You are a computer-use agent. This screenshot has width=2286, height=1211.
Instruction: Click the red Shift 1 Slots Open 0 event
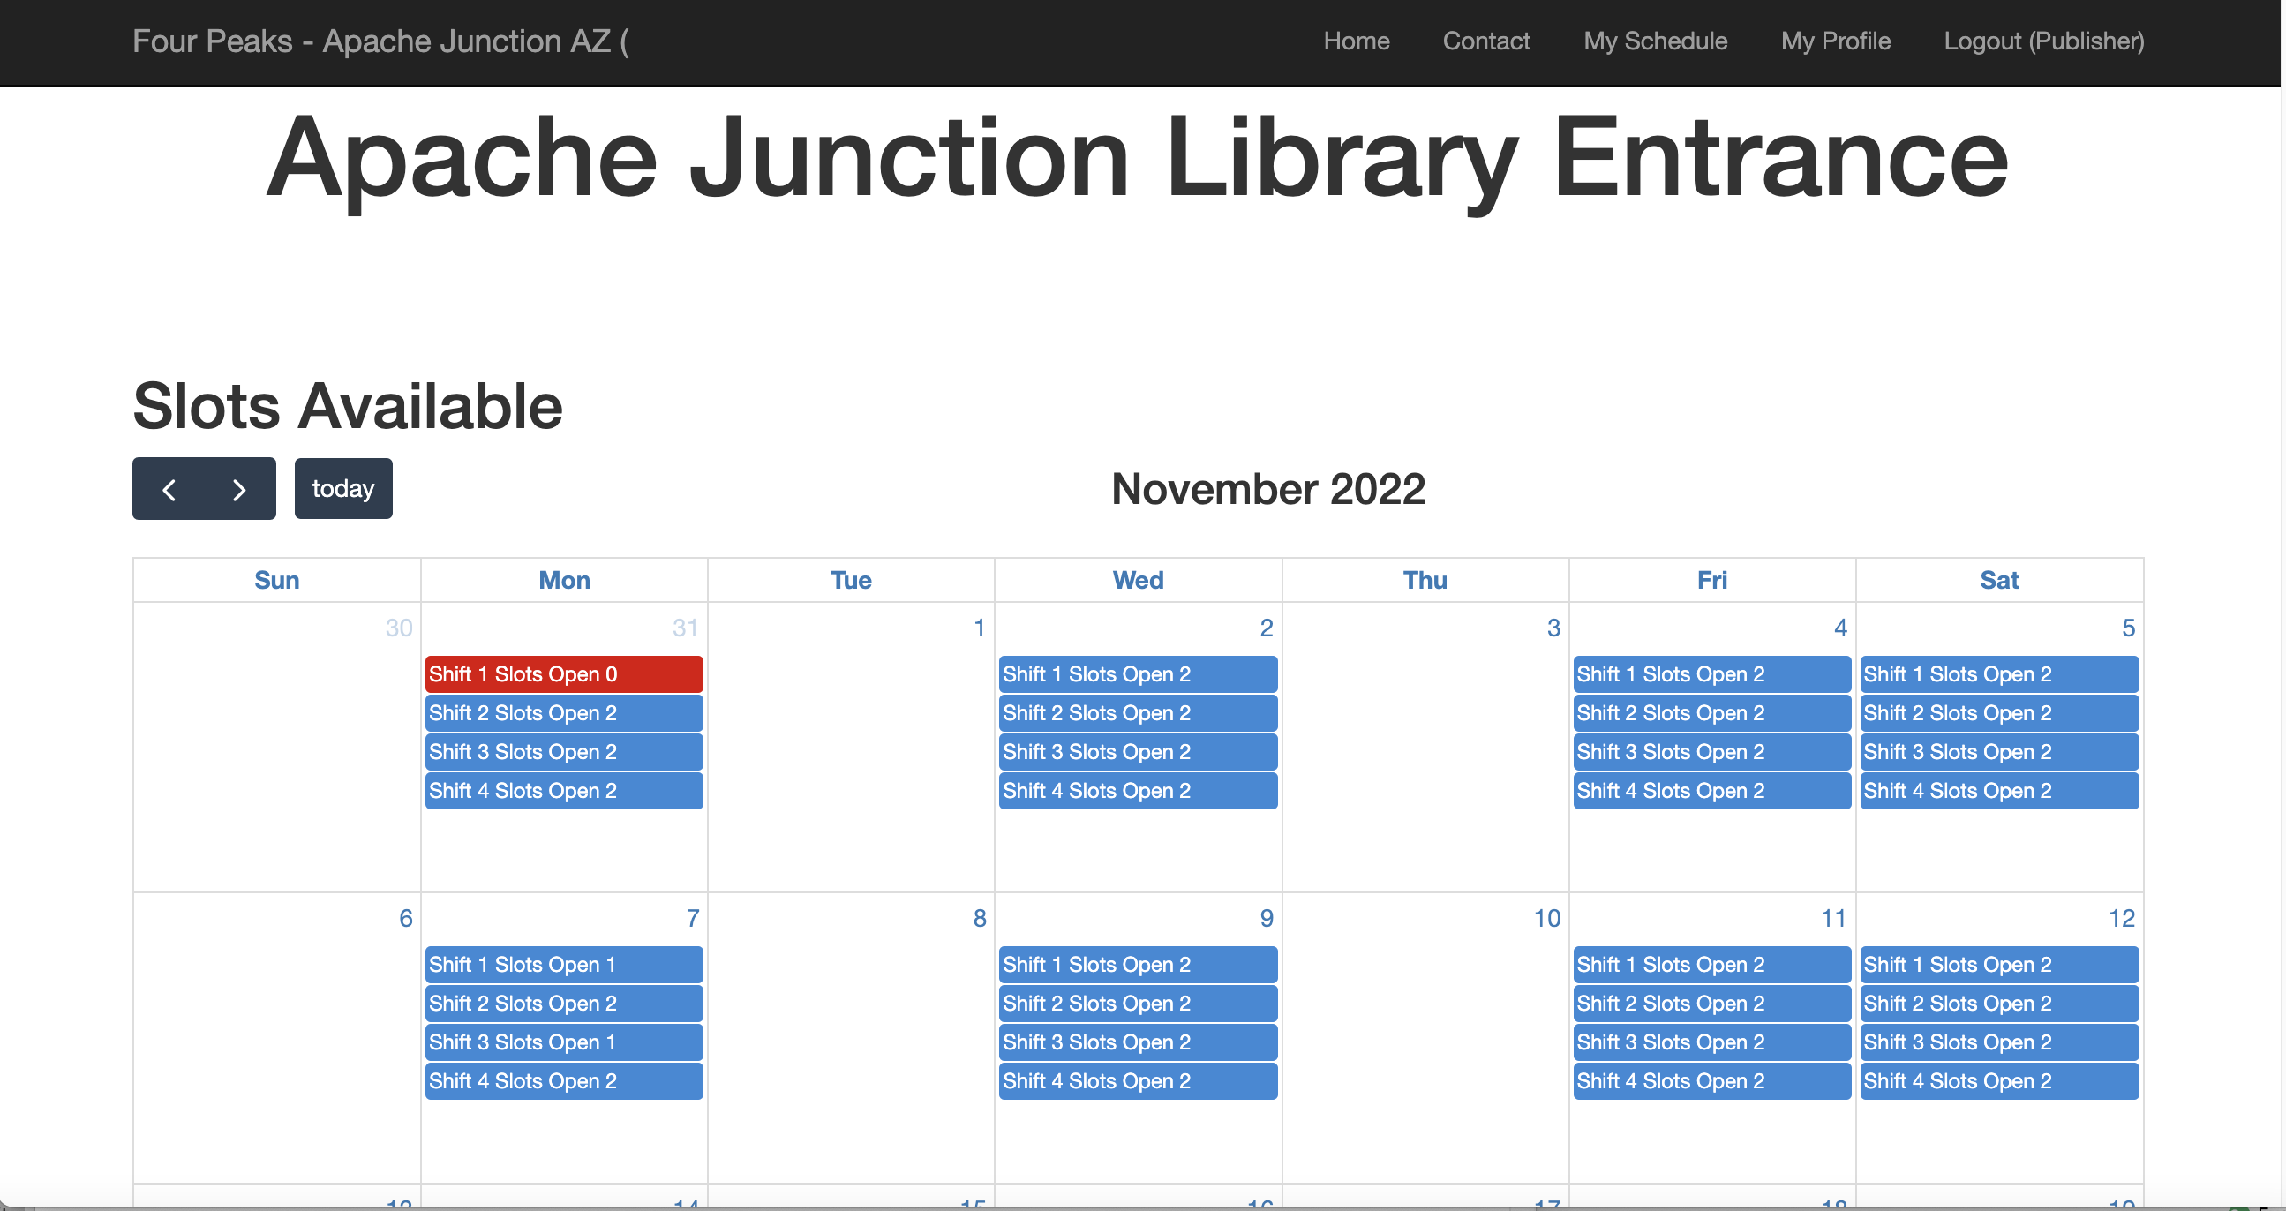[x=563, y=674]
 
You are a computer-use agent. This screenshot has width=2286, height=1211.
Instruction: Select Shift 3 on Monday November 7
[x=563, y=1042]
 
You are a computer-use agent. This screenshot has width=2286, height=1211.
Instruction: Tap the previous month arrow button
[x=169, y=489]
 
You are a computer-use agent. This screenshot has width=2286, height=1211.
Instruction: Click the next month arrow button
[x=239, y=489]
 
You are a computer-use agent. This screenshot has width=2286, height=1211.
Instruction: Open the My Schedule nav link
[x=1655, y=41]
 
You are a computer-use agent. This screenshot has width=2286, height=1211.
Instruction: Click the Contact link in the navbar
[x=1486, y=41]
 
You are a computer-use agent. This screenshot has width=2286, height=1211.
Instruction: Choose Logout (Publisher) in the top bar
[x=2044, y=41]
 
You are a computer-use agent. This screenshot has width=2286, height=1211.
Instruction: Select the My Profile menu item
[x=1835, y=41]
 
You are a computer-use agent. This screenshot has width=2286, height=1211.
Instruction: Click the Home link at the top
[x=1356, y=41]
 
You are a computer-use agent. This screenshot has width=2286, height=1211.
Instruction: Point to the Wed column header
[x=1138, y=580]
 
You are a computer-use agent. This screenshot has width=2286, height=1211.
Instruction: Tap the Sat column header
[x=1998, y=580]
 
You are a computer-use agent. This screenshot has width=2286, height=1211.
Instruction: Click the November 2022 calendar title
[x=1268, y=489]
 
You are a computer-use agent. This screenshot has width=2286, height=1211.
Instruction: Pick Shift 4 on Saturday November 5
[x=1998, y=791]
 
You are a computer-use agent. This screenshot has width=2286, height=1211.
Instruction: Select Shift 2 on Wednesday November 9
[x=1138, y=1004]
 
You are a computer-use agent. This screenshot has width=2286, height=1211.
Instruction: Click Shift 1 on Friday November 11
[x=1711, y=965]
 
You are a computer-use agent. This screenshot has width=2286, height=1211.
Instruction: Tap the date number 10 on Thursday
[x=1546, y=918]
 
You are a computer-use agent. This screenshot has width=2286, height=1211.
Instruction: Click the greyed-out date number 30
[x=398, y=628]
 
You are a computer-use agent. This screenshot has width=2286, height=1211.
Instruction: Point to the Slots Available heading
[x=348, y=406]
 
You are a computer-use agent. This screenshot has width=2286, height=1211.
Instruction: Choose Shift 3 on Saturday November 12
[x=1998, y=1042]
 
